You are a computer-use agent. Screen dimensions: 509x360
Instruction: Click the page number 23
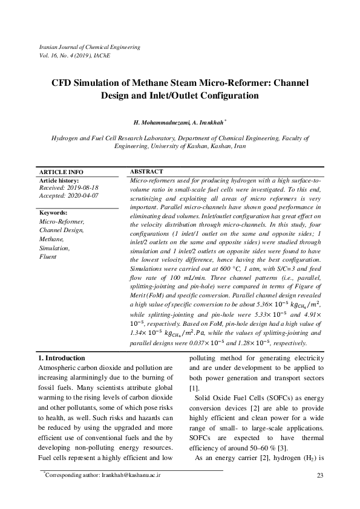point(321,475)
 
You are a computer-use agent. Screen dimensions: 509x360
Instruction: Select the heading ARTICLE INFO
point(61,172)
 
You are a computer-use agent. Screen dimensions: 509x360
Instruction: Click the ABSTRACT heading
point(146,172)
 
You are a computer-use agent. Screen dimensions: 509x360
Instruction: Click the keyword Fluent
point(48,256)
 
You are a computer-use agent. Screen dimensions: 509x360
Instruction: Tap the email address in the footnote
point(131,475)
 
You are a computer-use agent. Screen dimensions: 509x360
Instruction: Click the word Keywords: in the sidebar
point(53,213)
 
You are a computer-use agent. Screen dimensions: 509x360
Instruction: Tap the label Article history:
point(59,181)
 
